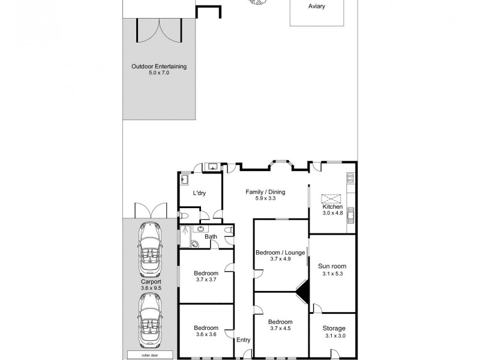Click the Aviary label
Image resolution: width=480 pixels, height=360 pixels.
317,7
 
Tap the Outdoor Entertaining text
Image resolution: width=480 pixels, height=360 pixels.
159,66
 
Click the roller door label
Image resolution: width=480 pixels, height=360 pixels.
148,354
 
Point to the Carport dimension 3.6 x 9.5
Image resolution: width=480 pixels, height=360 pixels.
151,288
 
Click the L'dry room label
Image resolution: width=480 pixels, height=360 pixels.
200,194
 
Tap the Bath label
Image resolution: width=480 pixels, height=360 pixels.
211,237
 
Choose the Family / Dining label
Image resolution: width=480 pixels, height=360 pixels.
265,192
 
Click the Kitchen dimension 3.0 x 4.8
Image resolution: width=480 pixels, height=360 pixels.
332,213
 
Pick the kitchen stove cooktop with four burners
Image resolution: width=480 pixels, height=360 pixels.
351,178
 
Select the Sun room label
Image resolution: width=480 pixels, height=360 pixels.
332,266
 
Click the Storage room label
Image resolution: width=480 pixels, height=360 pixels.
334,328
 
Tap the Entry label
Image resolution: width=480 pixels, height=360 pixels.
243,340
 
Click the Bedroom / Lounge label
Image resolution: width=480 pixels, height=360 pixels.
280,252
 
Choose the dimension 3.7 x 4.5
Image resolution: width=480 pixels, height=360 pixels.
280,329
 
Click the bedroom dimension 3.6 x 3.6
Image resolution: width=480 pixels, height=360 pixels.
206,335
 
